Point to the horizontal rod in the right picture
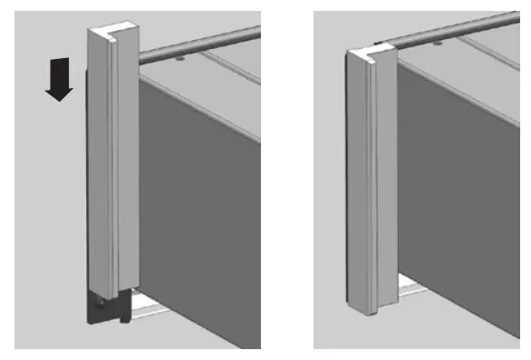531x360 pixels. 453,32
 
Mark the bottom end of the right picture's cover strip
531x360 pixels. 367,308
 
